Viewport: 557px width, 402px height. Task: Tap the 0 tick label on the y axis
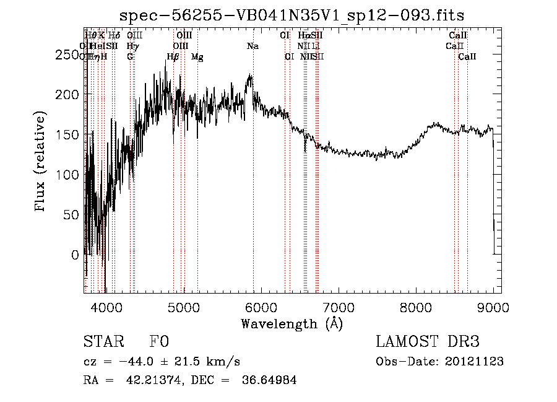[74, 255]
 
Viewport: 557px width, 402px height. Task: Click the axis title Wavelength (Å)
[291, 323]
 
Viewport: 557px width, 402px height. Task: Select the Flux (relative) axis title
[41, 163]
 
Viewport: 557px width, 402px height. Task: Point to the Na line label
[253, 46]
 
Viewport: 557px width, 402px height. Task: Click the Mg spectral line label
[197, 57]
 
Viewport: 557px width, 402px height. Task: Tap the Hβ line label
[173, 57]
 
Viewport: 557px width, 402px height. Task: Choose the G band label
[130, 56]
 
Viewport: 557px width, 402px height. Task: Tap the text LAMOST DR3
[427, 342]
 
